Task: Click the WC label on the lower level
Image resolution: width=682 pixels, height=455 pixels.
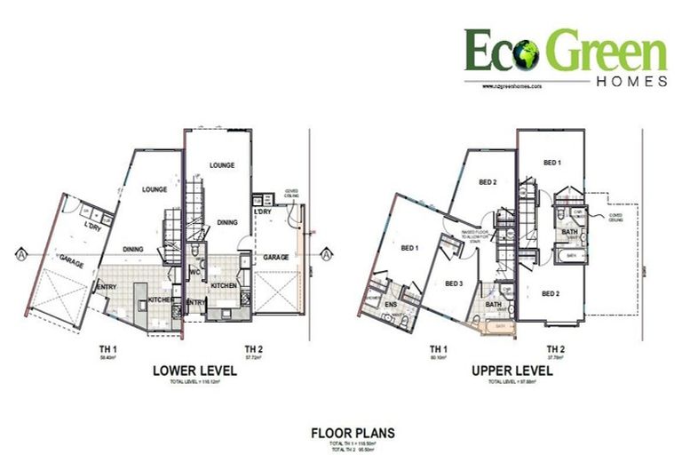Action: coord(194,274)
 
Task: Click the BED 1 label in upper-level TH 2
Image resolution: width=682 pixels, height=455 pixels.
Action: coord(551,163)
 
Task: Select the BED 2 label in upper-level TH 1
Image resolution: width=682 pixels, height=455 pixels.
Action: coord(488,183)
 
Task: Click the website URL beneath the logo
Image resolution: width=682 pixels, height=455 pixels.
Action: coord(514,87)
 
